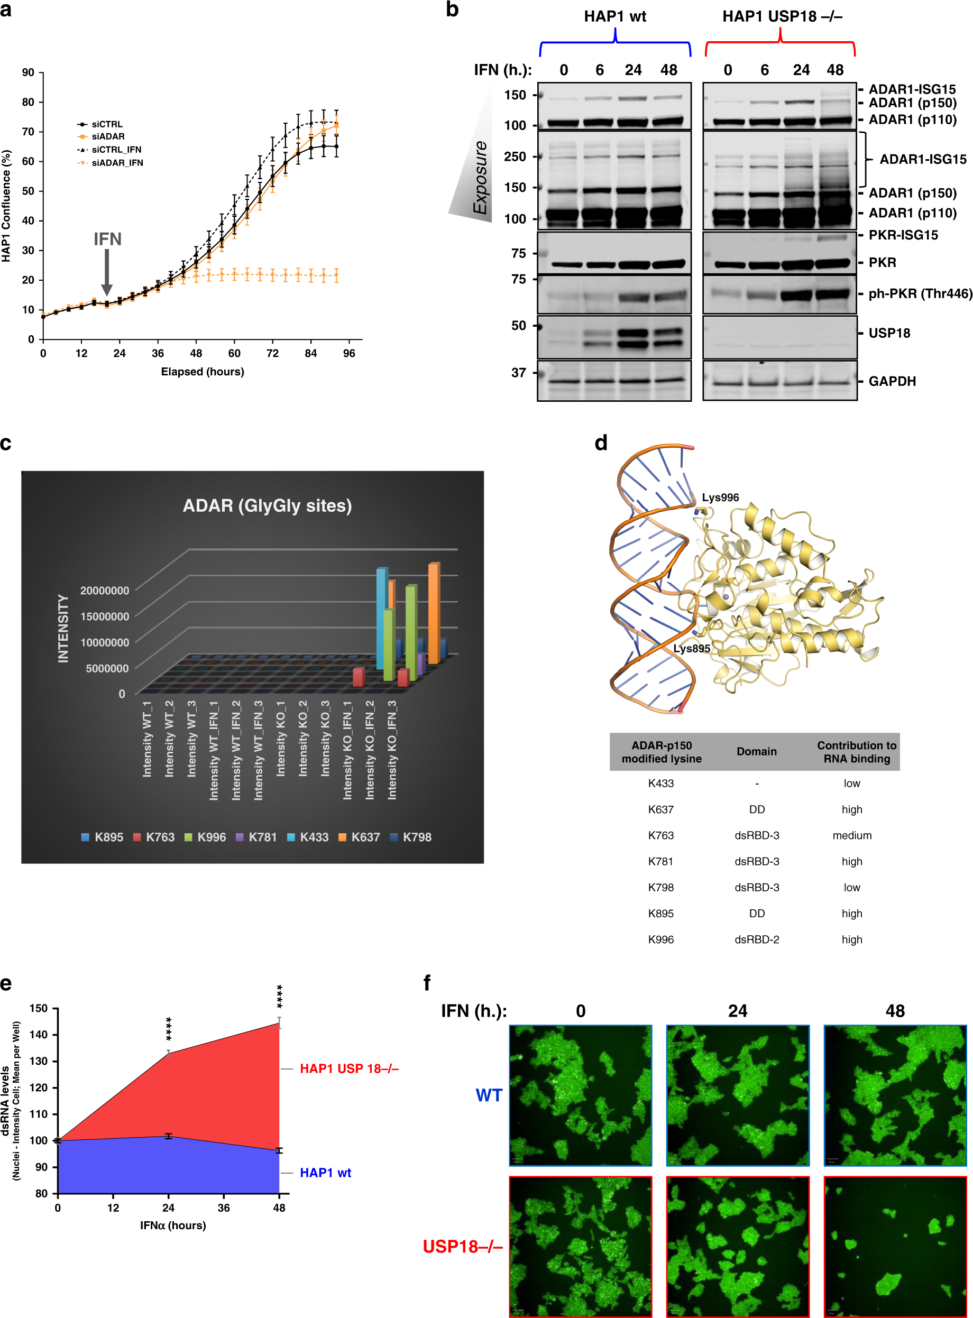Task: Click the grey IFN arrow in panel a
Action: [107, 272]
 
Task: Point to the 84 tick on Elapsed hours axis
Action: [310, 353]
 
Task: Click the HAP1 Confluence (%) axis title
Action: [6, 206]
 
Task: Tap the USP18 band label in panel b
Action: [889, 333]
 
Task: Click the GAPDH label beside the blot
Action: [892, 382]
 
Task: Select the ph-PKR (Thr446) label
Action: [920, 293]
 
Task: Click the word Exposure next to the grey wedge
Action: [481, 177]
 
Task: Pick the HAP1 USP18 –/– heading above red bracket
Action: [782, 16]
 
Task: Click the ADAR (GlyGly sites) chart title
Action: [267, 505]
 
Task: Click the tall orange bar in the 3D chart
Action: [434, 612]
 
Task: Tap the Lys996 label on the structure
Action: [720, 497]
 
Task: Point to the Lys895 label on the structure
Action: [692, 648]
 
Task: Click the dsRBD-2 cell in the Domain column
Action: [756, 939]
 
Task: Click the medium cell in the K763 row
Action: [852, 835]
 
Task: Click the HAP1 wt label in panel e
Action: [325, 1173]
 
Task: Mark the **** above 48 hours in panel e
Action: [280, 996]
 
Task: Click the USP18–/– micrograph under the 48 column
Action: [895, 1246]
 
